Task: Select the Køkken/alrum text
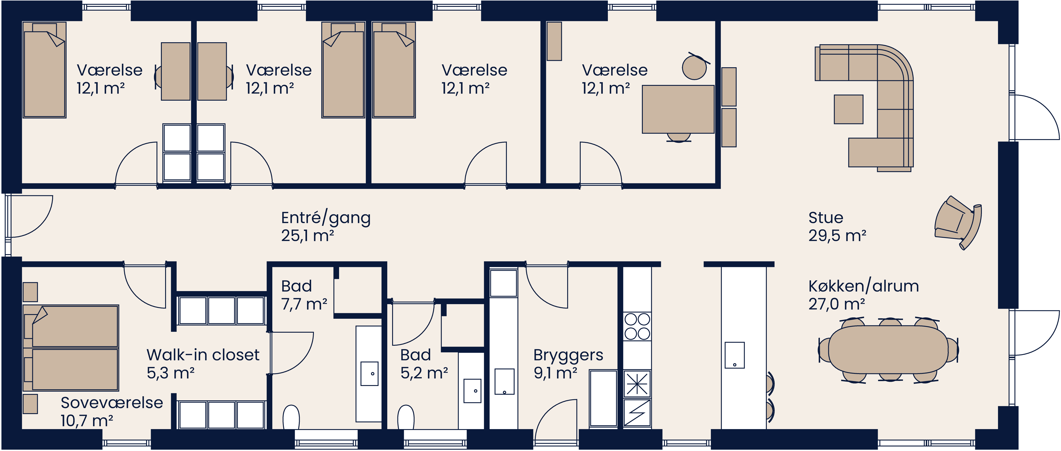pyautogui.click(x=863, y=286)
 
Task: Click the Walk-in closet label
pyautogui.click(x=203, y=355)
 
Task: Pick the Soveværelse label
pyautogui.click(x=112, y=403)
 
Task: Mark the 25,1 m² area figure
pyautogui.click(x=307, y=236)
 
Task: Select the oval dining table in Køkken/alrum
pyautogui.click(x=888, y=350)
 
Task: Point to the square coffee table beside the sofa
pyautogui.click(x=849, y=109)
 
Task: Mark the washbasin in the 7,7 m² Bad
pyautogui.click(x=369, y=374)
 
